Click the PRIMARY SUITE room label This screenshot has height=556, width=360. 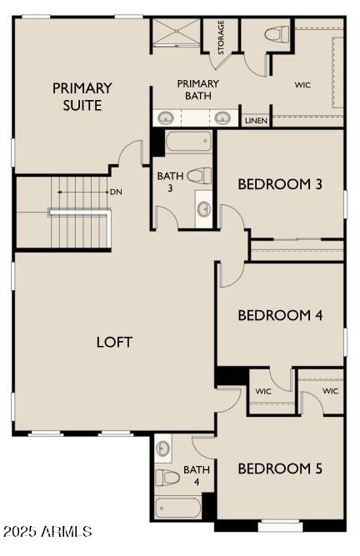click(82, 97)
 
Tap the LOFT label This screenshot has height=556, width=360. click(115, 342)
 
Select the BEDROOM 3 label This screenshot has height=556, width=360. click(280, 184)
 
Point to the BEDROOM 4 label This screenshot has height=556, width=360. click(280, 315)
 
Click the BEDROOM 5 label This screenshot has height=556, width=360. click(280, 468)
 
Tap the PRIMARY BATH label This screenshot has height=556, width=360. click(198, 89)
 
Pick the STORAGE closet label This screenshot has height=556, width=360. click(222, 38)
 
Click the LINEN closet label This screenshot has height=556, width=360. click(256, 121)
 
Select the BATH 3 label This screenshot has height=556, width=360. click(165, 181)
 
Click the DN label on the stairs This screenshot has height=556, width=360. click(116, 192)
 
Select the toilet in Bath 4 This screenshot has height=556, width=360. click(168, 478)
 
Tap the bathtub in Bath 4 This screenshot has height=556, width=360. click(177, 507)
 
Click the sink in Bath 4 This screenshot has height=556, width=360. click(163, 449)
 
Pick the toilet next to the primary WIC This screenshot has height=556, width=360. click(276, 35)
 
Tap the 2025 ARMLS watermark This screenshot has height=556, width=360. click(47, 531)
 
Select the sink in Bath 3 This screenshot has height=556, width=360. click(204, 207)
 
